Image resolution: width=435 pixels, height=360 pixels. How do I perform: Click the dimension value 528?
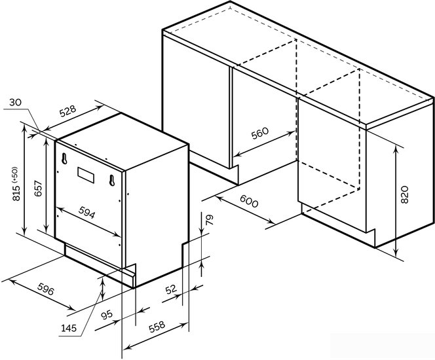click(67, 111)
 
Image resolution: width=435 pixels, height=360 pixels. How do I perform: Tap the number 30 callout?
click(15, 102)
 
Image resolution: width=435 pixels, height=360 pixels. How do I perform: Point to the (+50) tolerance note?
click(14, 175)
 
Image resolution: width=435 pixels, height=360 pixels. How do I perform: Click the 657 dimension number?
click(38, 189)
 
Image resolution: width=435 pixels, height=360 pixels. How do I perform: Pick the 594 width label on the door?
click(86, 213)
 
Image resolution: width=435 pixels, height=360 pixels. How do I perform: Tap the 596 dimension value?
click(45, 289)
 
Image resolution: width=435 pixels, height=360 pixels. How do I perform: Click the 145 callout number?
click(69, 328)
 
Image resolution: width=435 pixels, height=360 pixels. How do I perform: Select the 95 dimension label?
click(107, 315)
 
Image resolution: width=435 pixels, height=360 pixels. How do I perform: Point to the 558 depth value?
click(157, 327)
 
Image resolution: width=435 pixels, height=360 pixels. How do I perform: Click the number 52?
click(171, 289)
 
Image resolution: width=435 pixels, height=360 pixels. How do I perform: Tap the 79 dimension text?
click(210, 220)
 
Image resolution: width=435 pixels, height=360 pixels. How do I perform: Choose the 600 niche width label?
click(249, 201)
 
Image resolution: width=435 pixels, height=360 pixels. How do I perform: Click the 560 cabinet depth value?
click(260, 134)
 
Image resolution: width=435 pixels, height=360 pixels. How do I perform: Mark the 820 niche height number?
click(405, 194)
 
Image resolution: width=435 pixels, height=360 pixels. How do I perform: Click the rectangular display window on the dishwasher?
click(86, 175)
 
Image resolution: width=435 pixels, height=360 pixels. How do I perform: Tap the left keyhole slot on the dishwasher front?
click(64, 158)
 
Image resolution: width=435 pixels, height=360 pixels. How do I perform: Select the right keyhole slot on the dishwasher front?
click(112, 181)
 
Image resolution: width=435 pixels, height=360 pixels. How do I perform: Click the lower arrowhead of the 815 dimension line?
click(25, 231)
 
